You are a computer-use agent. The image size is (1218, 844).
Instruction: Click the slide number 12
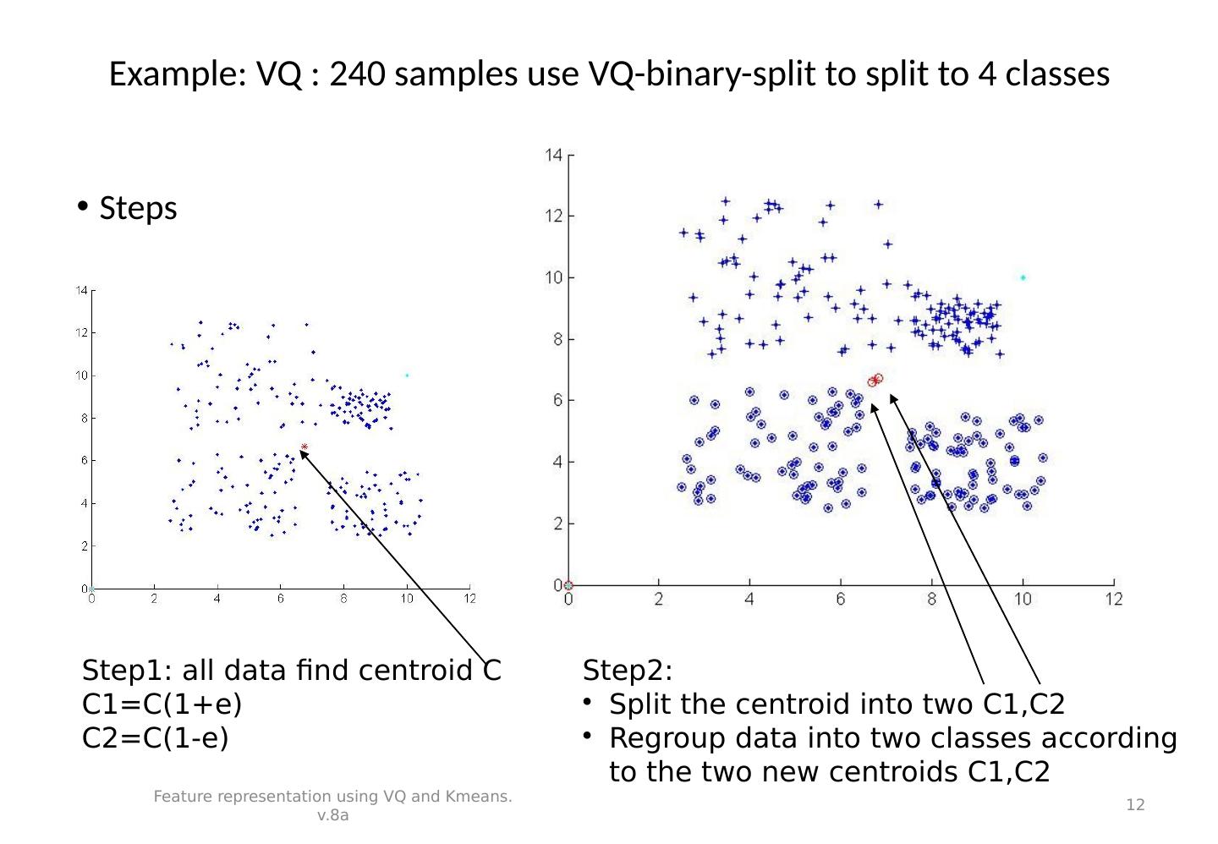click(x=1136, y=804)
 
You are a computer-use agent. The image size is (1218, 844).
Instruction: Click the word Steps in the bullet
click(x=138, y=208)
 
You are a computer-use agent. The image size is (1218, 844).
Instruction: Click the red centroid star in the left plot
click(x=304, y=447)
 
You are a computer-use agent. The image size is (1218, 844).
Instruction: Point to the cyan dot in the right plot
click(x=1023, y=277)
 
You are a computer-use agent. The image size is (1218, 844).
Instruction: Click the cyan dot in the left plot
click(x=407, y=375)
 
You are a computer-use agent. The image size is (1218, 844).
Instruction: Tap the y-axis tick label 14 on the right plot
click(x=553, y=155)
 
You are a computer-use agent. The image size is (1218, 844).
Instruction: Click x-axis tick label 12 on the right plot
click(x=1114, y=600)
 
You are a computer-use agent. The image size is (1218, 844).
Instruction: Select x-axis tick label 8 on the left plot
click(x=343, y=599)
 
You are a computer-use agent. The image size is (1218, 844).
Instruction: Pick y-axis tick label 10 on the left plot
click(x=82, y=375)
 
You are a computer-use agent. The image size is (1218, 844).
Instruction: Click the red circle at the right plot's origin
click(x=568, y=585)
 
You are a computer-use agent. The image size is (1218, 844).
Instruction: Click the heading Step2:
click(x=628, y=671)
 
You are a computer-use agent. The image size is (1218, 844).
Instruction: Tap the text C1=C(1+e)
click(x=162, y=704)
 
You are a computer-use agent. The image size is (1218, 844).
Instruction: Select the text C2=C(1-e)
click(x=156, y=738)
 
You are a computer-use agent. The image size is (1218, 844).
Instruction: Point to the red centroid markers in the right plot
click(x=875, y=381)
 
